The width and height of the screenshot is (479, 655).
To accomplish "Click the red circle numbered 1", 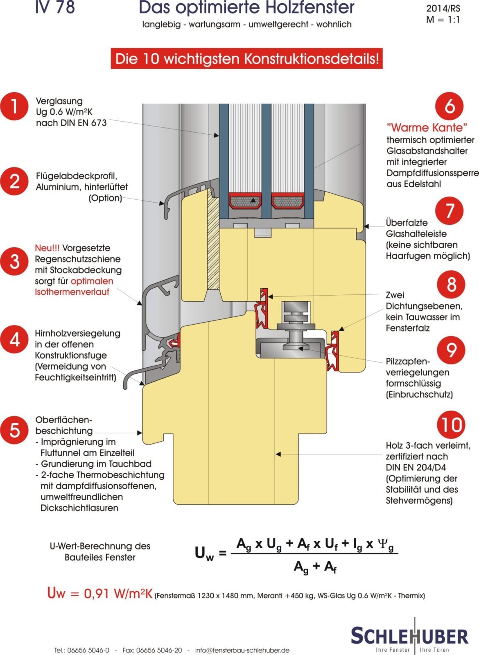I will click(x=14, y=106).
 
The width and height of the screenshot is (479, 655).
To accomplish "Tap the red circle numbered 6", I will click(x=449, y=106).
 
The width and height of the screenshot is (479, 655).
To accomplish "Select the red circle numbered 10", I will click(x=451, y=425).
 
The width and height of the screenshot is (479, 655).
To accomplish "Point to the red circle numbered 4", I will click(x=14, y=339).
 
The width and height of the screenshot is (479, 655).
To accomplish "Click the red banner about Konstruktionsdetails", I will click(x=246, y=59).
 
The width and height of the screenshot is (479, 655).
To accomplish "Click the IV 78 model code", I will click(x=55, y=7).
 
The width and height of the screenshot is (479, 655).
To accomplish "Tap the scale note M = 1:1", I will click(x=443, y=20).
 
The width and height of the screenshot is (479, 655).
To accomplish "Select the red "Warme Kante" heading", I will click(x=427, y=127).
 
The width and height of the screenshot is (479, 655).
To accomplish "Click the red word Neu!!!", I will click(x=47, y=248).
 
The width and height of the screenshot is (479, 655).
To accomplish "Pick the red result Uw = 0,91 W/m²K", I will click(x=100, y=593).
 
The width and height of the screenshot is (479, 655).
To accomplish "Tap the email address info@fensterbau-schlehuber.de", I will click(x=242, y=650).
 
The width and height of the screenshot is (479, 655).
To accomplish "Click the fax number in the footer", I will click(x=152, y=650).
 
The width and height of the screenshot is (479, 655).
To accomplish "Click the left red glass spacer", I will click(x=245, y=201).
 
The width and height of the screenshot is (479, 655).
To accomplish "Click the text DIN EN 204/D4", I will click(x=416, y=468).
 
